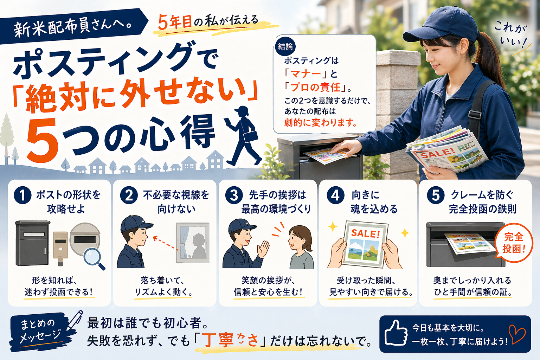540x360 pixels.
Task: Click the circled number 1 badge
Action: point(22,195)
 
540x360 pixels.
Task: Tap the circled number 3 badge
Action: point(234,195)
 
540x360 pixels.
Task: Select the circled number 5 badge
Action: point(436,195)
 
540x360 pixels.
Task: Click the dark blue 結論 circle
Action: point(285,46)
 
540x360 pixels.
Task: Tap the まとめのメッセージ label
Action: point(38,331)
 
